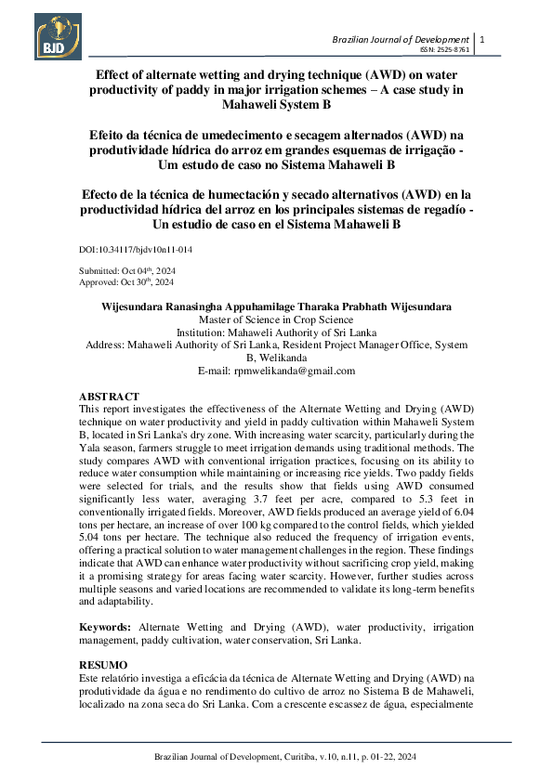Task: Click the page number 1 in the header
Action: [482, 39]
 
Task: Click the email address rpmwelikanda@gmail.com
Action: [276, 371]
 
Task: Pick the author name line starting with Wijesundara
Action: [276, 306]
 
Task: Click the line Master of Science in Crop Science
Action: [276, 318]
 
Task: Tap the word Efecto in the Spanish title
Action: [108, 195]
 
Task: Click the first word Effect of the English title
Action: [119, 73]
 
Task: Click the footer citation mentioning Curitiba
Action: [276, 758]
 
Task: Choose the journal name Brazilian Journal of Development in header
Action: [401, 39]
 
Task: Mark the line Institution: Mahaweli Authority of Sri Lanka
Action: [276, 331]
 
